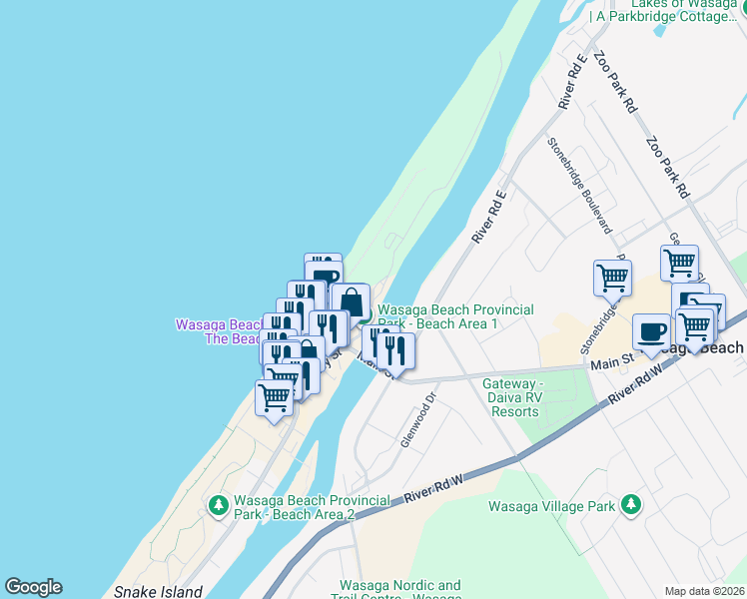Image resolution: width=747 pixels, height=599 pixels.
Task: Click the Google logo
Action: pyautogui.click(x=33, y=587)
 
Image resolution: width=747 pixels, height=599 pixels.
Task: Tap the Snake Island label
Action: pyautogui.click(x=159, y=591)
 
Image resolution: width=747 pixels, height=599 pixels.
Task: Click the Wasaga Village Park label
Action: pyautogui.click(x=551, y=506)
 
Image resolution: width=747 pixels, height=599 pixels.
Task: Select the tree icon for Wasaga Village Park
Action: pyautogui.click(x=630, y=505)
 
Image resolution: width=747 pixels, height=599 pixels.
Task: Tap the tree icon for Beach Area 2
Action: pyautogui.click(x=218, y=506)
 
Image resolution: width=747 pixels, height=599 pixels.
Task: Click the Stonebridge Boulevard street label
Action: pyautogui.click(x=578, y=184)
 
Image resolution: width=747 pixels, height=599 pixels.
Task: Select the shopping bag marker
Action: pyautogui.click(x=351, y=301)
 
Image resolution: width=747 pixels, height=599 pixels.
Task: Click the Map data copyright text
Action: pyautogui.click(x=705, y=590)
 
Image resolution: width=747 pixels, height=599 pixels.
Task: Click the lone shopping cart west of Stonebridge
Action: pyautogui.click(x=612, y=279)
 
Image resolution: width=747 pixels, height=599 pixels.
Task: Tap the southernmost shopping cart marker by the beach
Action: pyautogui.click(x=274, y=398)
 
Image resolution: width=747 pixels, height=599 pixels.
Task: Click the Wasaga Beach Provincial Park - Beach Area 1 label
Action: pyautogui.click(x=454, y=316)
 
